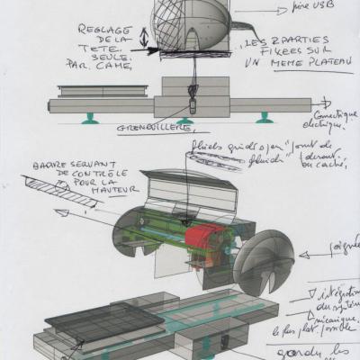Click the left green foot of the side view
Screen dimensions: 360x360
[x=92, y=118]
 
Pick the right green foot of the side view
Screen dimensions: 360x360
[x=265, y=118]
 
